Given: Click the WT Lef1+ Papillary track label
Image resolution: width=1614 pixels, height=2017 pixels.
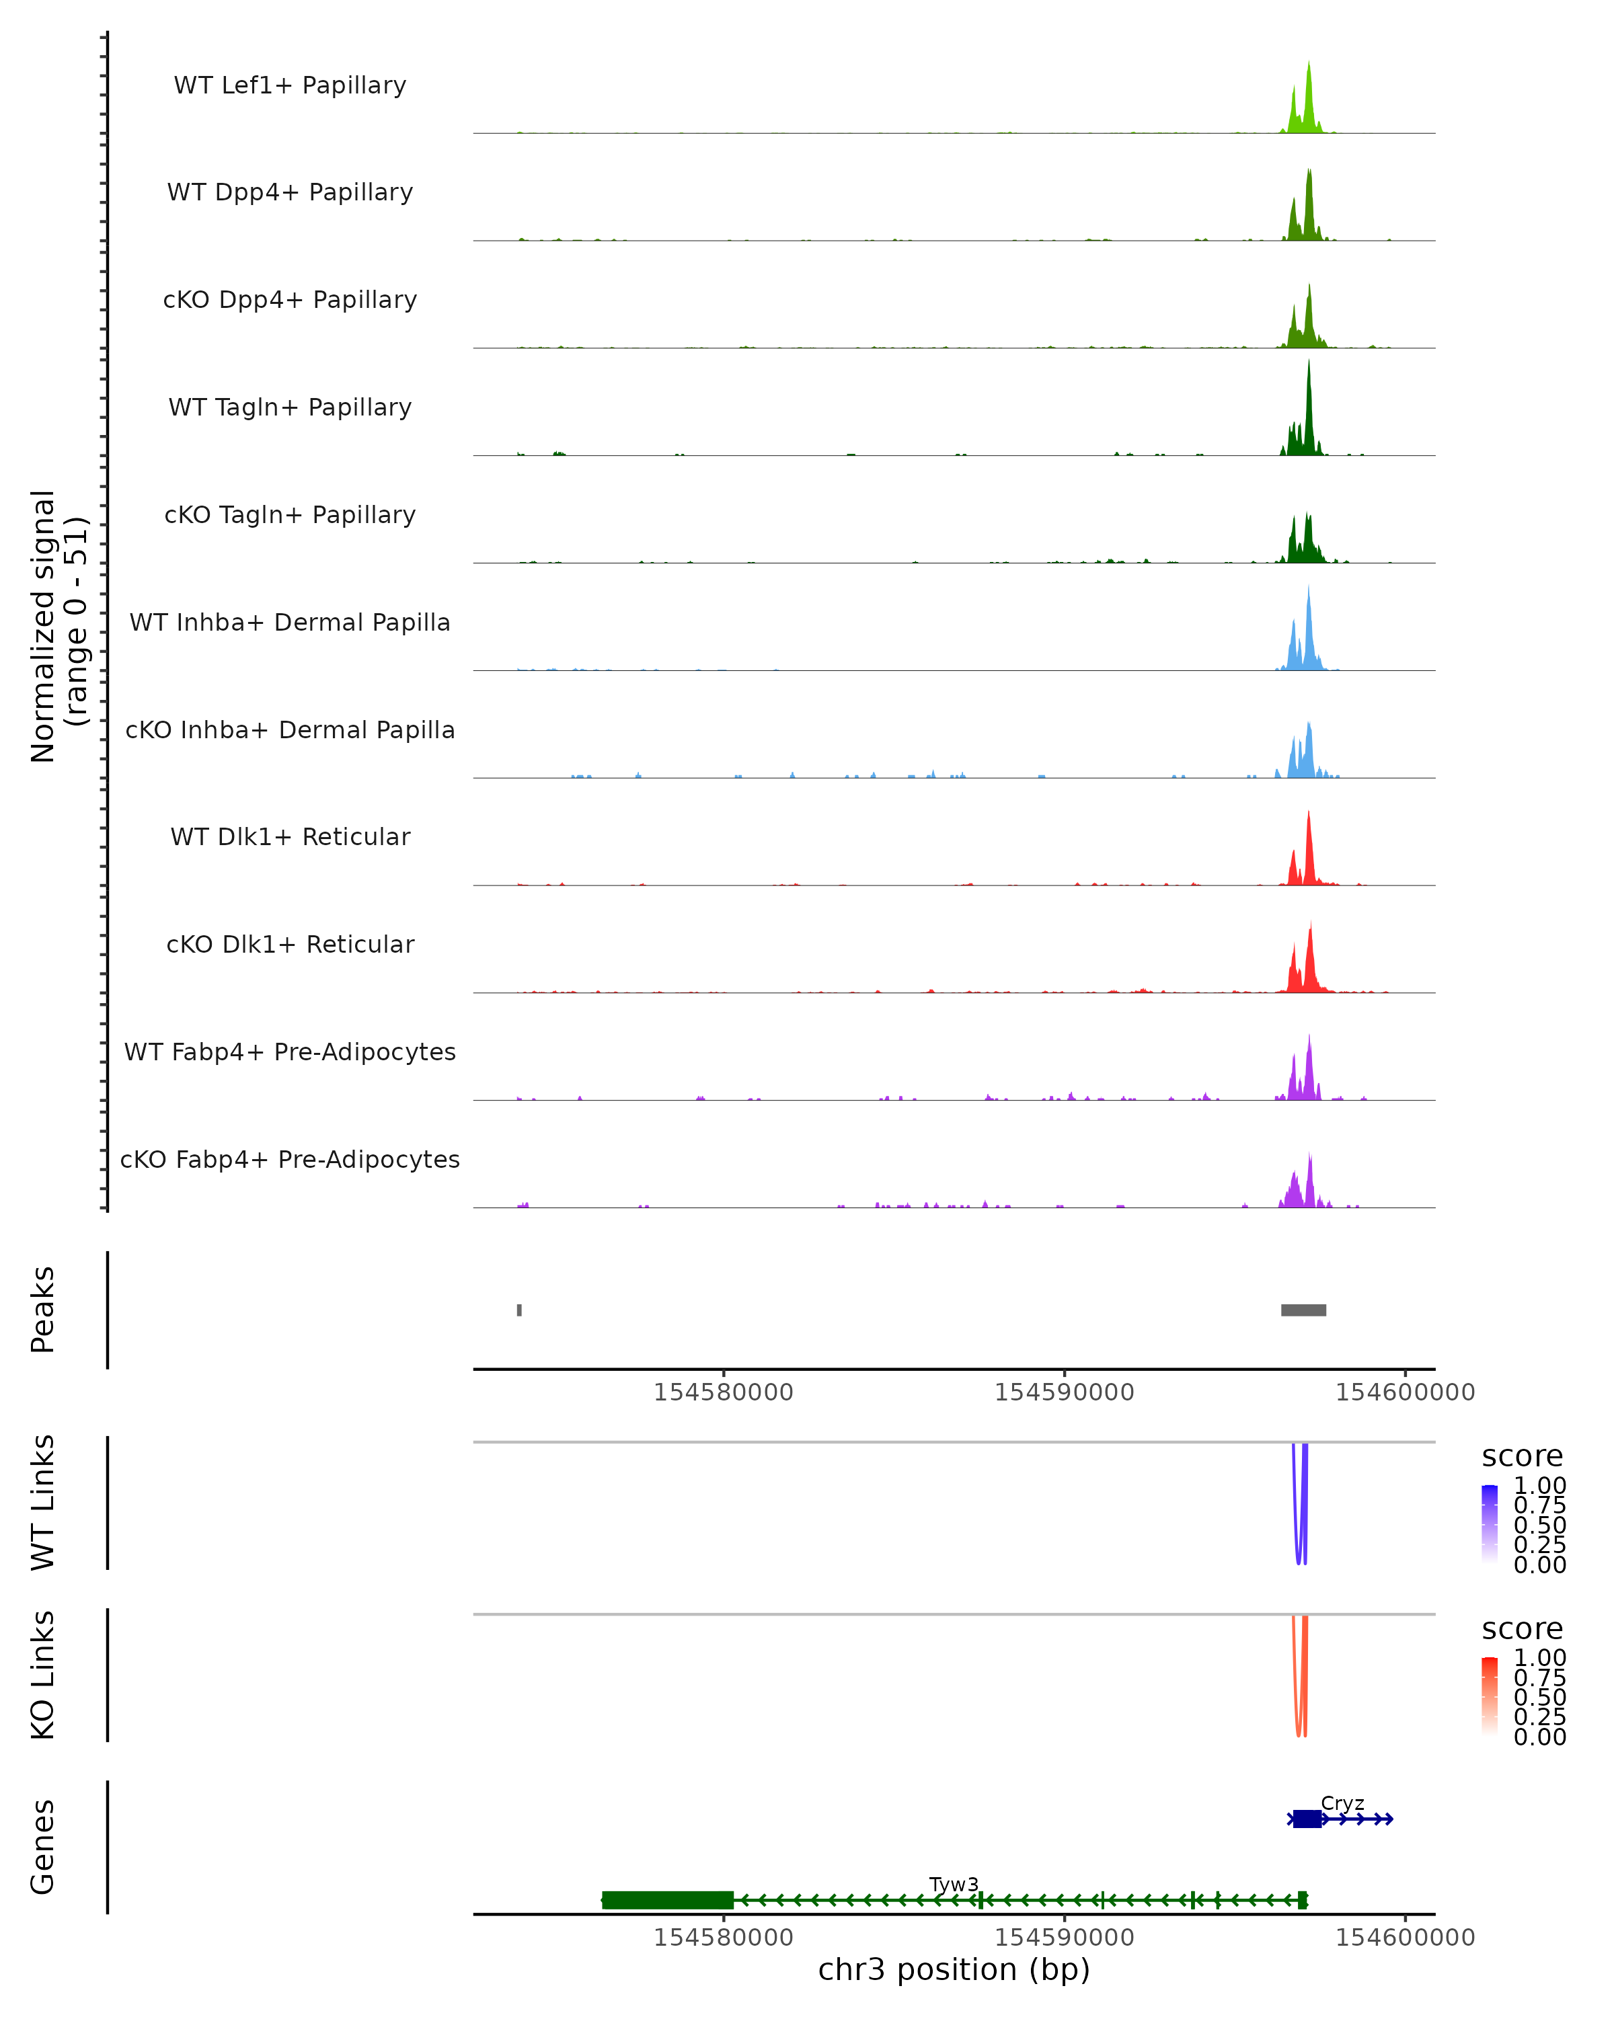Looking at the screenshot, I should point(290,85).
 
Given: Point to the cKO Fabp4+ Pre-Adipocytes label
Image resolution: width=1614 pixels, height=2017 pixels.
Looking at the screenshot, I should point(290,1159).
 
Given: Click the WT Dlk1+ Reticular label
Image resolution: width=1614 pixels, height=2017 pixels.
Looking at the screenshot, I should point(290,836).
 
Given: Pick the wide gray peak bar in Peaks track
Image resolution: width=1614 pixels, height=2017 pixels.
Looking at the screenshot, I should point(1303,1310).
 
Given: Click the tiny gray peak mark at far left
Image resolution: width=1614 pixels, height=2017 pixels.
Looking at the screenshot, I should point(519,1310).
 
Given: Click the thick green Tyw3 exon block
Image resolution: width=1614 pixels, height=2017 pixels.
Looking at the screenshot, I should point(667,1900).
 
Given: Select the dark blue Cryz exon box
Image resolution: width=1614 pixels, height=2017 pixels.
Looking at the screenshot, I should point(1307,1819).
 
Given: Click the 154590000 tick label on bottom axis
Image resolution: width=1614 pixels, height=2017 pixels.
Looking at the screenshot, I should point(1064,1938).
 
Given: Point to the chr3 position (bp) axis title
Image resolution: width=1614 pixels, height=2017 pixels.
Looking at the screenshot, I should point(954,1970).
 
